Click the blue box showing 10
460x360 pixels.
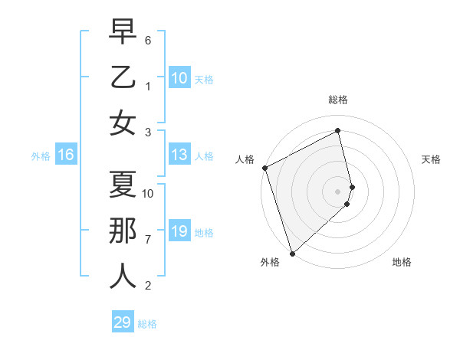[x=179, y=77]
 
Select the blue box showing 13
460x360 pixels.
[x=179, y=155]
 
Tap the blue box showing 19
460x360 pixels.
[x=179, y=231]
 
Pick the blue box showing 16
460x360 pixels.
[x=65, y=155]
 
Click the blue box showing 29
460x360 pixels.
[x=122, y=322]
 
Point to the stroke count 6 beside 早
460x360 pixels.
[x=149, y=39]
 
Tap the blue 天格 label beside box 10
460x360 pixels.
[x=203, y=79]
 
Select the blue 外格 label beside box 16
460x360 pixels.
[x=41, y=156]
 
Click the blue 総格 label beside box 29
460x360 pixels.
[x=147, y=324]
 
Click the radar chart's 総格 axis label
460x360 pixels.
[x=338, y=100]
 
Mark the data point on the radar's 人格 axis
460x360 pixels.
[x=264, y=168]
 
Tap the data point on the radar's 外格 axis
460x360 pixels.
[x=291, y=252]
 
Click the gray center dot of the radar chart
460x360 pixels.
[x=338, y=190]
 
